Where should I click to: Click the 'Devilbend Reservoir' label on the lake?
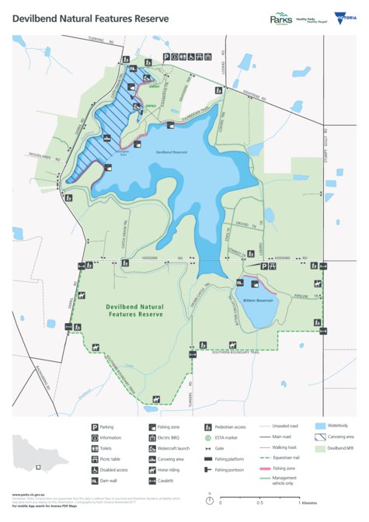click(x=172, y=152)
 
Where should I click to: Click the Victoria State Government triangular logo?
click(x=339, y=19)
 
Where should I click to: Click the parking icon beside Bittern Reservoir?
click(x=264, y=266)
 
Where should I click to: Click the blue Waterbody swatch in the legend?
click(x=320, y=426)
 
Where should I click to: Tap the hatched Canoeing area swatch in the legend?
click(x=320, y=437)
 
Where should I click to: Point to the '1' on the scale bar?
click(x=299, y=503)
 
